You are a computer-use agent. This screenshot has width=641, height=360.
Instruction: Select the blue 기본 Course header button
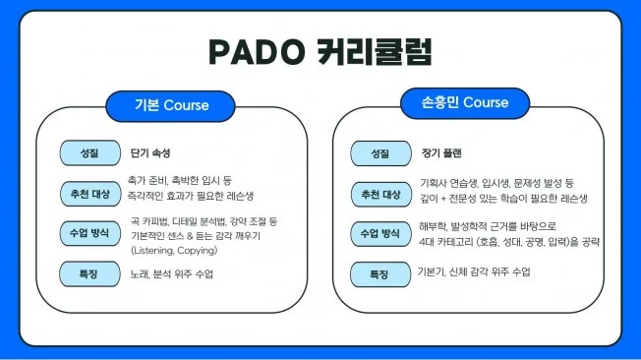[171, 104]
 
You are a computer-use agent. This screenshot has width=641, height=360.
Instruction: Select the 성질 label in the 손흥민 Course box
[379, 154]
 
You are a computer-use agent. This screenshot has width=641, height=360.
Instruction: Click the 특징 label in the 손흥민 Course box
[379, 271]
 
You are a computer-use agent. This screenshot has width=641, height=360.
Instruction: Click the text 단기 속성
[150, 154]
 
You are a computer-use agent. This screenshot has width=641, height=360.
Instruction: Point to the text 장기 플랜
[440, 154]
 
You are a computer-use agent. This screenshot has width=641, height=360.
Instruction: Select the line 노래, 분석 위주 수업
[171, 272]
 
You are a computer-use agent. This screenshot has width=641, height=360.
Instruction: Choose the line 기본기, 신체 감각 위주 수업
[474, 271]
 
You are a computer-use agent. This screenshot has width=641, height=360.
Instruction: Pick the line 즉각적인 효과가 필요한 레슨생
[191, 196]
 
